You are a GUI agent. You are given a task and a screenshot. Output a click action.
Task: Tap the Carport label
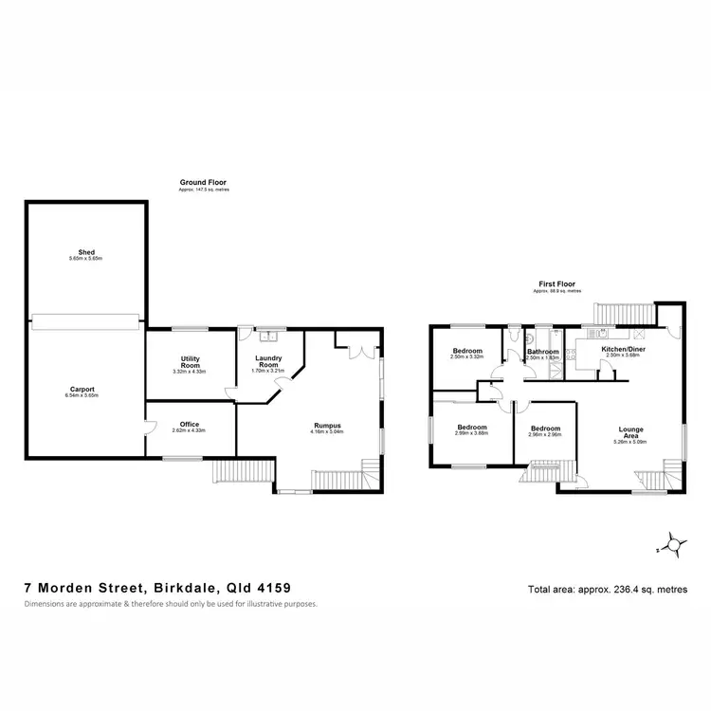[84, 389]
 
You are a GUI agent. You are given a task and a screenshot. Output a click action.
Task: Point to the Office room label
[190, 425]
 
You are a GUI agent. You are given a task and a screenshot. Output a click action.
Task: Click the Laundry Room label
[269, 361]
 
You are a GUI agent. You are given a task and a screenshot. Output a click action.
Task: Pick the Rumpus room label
[329, 426]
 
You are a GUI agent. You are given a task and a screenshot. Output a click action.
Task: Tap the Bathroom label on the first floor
[542, 352]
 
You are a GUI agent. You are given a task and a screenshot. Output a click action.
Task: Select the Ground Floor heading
[204, 182]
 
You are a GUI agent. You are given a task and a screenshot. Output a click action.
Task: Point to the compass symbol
[673, 544]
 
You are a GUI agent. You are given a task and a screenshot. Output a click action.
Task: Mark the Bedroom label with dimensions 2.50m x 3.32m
[467, 352]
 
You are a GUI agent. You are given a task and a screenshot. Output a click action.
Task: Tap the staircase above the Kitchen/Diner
[624, 314]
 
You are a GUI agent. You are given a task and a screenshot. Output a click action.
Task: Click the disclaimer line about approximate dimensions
[171, 603]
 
